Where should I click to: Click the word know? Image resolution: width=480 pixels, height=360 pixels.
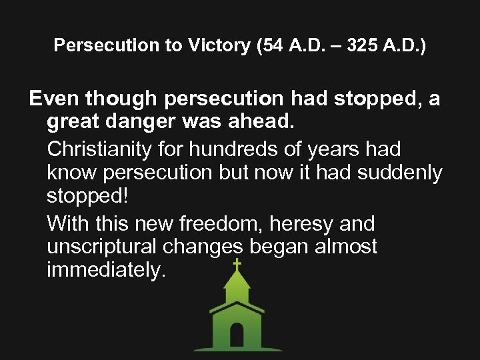click(x=72, y=173)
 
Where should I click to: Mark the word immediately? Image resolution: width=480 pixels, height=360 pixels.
click(x=105, y=271)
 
